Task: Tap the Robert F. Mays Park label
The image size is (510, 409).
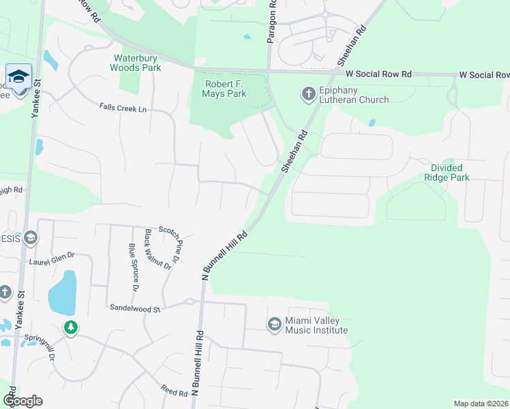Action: point(226,89)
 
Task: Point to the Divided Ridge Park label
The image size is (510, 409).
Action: point(447,172)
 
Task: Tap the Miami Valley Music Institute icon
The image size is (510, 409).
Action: point(275,324)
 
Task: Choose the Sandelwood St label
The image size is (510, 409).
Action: point(134,309)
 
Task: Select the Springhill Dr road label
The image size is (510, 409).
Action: point(49,346)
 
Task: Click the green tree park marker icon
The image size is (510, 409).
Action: point(70,328)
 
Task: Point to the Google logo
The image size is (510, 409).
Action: point(22,401)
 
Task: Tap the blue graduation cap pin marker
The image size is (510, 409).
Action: point(18,76)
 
